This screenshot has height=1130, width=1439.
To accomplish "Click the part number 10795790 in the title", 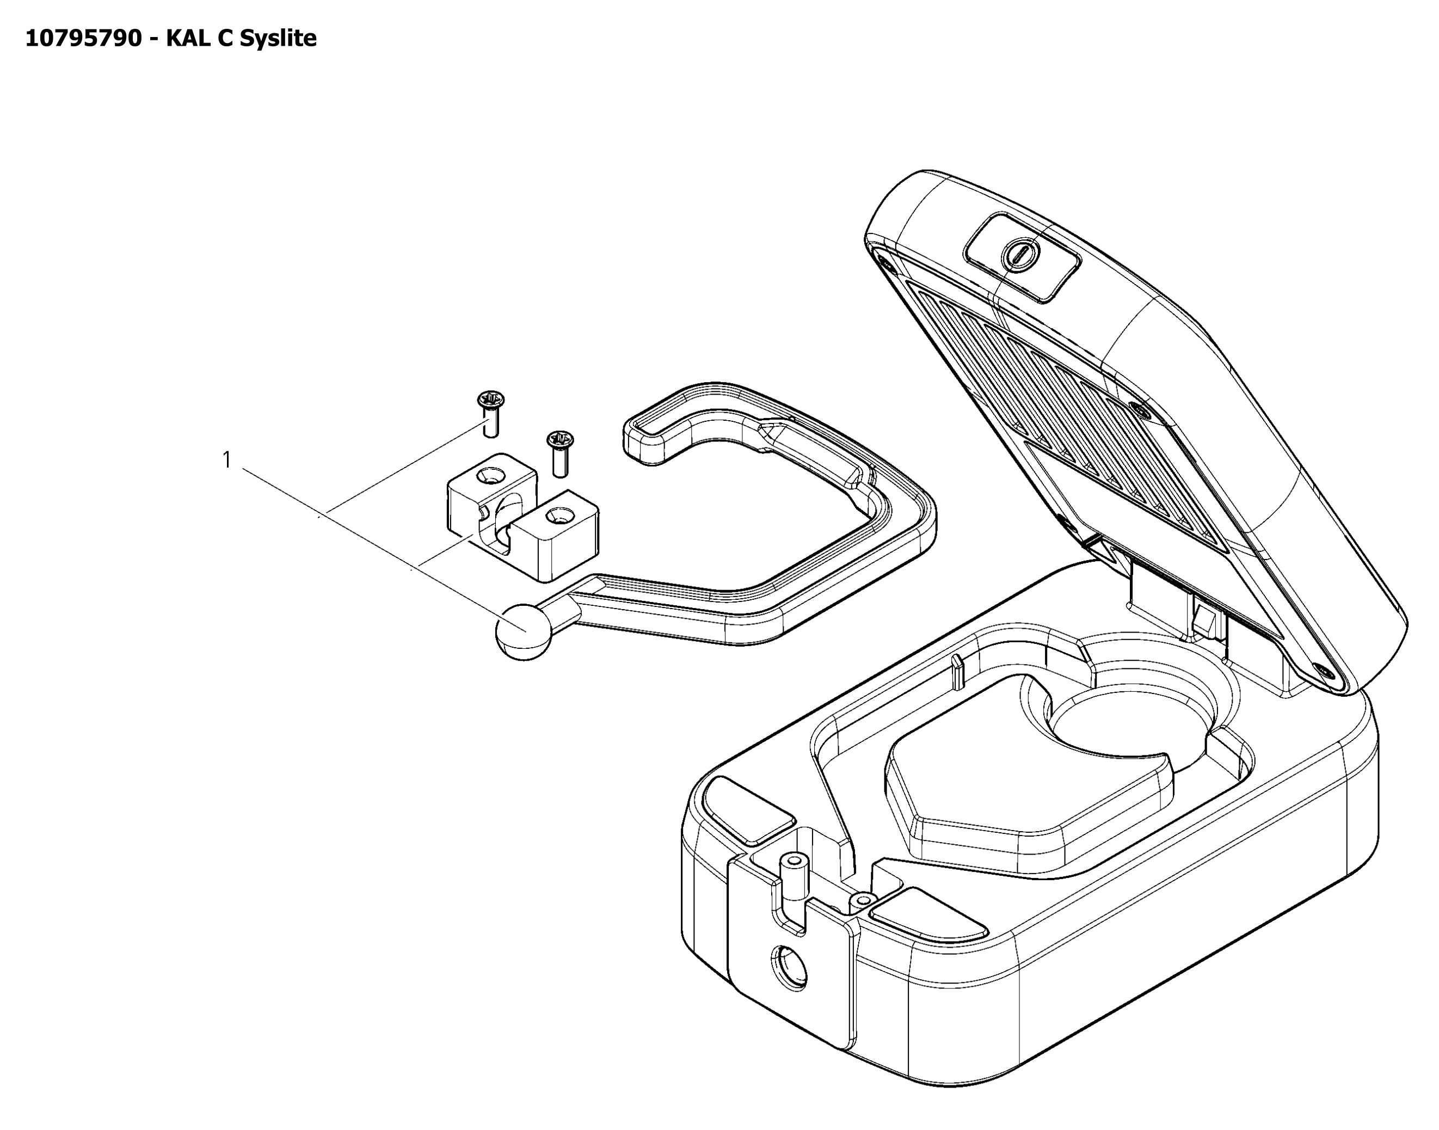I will pyautogui.click(x=83, y=38).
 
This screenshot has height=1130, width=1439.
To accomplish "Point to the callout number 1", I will pyautogui.click(x=227, y=460).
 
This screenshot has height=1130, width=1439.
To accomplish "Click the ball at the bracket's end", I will pyautogui.click(x=524, y=632).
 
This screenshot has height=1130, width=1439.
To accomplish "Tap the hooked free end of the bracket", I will pyautogui.click(x=651, y=437).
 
